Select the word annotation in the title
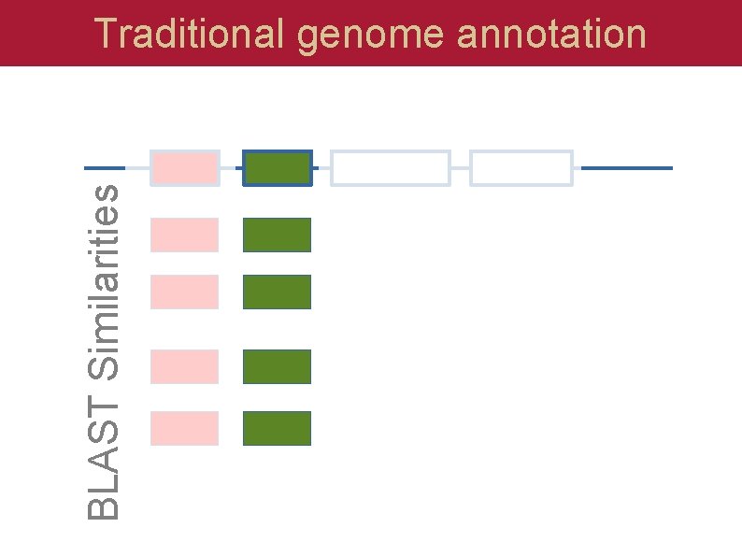552,35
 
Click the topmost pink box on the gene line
184,168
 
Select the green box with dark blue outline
277,168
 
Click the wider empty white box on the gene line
391,168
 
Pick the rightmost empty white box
521,168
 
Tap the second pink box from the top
184,235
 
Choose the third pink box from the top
184,292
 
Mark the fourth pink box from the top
184,366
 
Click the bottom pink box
184,428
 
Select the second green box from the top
277,235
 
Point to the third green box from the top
277,292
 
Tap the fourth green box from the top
277,366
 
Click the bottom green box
277,428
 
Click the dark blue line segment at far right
626,168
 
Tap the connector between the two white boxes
460,168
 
